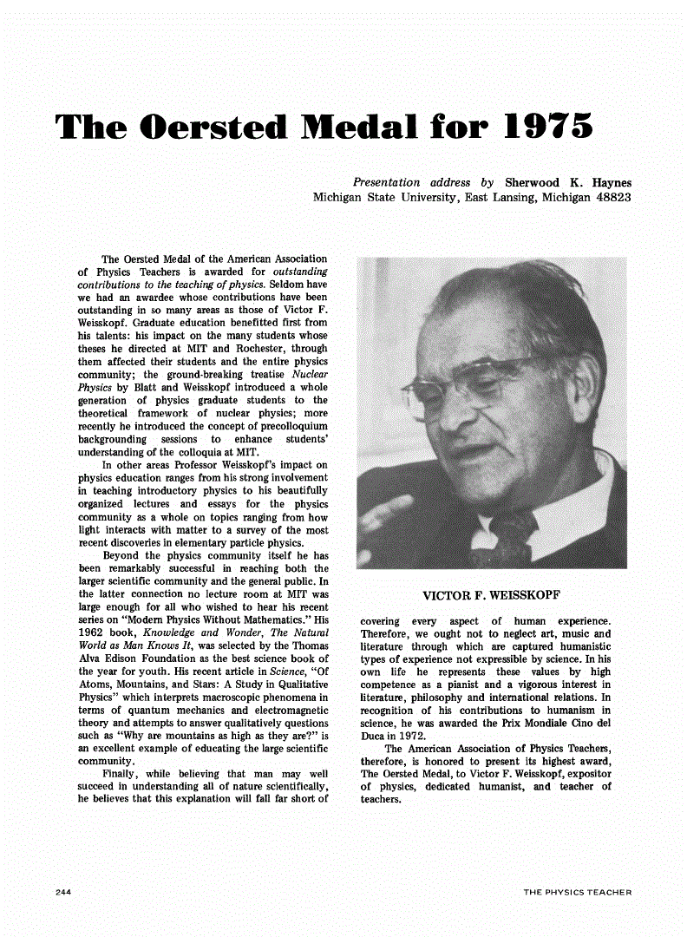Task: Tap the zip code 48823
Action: click(610, 198)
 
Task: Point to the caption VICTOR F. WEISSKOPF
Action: click(490, 596)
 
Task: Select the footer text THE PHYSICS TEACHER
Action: click(578, 892)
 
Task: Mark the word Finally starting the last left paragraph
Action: click(123, 774)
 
